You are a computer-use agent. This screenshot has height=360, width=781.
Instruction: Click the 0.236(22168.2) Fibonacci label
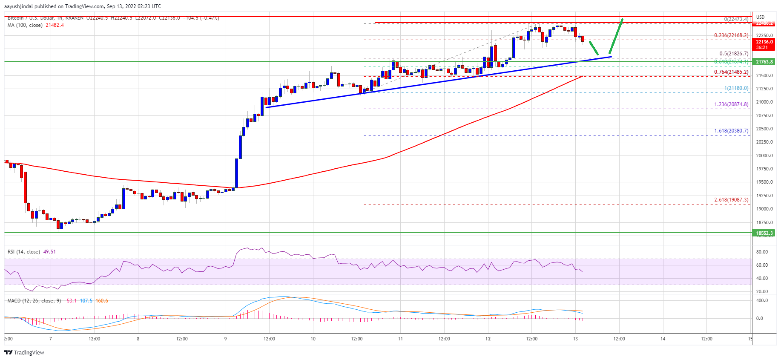731,35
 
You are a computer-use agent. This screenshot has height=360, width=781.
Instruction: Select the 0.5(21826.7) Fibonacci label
734,54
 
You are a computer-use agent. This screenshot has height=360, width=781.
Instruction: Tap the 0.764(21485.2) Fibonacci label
731,72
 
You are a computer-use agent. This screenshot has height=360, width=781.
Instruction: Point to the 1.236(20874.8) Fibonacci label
731,104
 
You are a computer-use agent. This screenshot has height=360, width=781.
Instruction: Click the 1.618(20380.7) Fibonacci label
731,131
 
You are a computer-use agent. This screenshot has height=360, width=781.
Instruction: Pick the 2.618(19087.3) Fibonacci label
731,200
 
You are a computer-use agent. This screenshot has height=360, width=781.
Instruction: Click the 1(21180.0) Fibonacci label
736,88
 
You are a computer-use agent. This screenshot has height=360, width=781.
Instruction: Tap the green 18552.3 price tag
764,233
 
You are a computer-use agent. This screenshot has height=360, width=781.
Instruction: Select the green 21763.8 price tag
764,62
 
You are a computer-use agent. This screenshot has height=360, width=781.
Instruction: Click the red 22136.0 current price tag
764,42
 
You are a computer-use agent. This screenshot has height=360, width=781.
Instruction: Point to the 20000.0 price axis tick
764,156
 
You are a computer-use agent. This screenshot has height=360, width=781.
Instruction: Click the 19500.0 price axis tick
764,182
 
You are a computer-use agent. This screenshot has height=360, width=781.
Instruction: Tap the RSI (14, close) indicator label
24,252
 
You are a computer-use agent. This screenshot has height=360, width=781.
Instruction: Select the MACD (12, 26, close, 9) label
34,301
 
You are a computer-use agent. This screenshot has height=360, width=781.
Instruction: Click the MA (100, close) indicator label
25,25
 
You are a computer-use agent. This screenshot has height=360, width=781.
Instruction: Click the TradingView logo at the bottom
24,352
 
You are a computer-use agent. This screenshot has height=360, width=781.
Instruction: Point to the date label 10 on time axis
313,339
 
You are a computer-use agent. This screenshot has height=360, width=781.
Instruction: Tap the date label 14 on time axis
663,339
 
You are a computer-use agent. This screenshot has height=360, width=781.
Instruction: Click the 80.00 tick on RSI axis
762,252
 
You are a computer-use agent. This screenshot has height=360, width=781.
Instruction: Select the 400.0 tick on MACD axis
762,301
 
